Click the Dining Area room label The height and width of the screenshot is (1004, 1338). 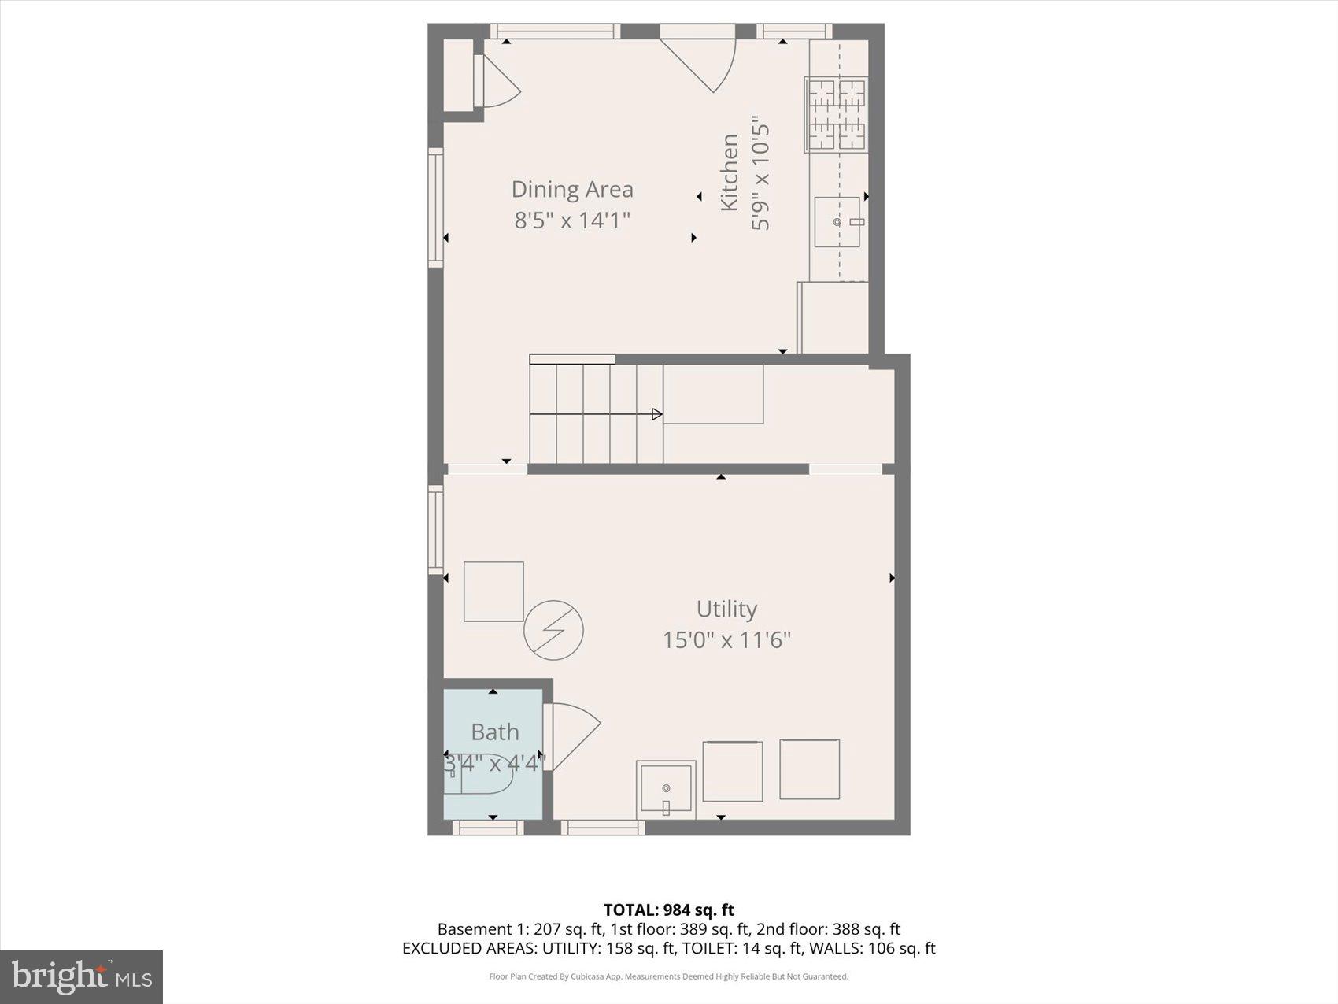(x=572, y=189)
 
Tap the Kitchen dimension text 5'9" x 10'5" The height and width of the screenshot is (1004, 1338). (x=760, y=177)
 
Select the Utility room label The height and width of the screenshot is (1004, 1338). (x=726, y=609)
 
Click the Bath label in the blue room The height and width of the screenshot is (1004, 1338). (x=494, y=732)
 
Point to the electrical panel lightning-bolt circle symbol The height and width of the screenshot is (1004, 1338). (x=554, y=630)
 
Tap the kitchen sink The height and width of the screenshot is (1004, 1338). (x=837, y=222)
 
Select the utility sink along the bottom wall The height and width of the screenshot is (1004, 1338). (x=666, y=787)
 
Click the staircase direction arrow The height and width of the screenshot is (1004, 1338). (x=656, y=414)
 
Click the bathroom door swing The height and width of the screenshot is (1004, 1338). (x=571, y=735)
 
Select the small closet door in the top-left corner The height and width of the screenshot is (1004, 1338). (x=497, y=82)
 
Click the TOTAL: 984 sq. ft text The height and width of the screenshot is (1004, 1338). (x=668, y=910)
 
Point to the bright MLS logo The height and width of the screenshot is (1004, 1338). (x=82, y=976)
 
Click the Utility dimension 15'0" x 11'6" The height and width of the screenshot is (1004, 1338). (x=726, y=640)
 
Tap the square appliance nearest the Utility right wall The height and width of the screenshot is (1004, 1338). (x=809, y=769)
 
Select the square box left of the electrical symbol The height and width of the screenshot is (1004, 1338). (x=493, y=591)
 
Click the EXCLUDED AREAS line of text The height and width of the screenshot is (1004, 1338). (x=668, y=948)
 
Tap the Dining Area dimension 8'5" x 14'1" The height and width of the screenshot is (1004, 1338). (x=572, y=220)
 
